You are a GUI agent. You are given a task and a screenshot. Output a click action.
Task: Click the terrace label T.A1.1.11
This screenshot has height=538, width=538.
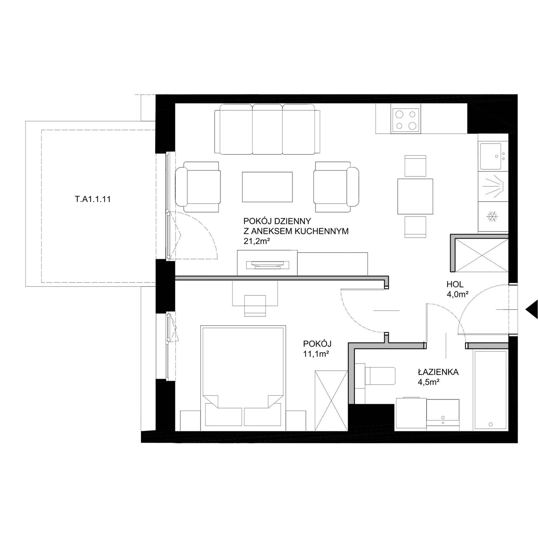click(x=93, y=199)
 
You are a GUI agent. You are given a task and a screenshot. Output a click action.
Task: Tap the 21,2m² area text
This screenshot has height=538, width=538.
click(x=257, y=241)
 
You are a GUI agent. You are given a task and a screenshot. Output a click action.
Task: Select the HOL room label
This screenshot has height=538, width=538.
click(x=455, y=284)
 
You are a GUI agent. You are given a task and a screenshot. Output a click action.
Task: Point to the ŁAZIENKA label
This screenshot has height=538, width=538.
click(x=438, y=372)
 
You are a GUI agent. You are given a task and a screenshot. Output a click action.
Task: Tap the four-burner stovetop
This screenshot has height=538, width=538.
click(x=406, y=120)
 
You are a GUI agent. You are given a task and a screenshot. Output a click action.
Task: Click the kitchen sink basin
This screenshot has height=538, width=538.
click(x=490, y=156)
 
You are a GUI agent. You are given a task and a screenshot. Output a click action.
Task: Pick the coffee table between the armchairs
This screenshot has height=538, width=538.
click(x=267, y=187)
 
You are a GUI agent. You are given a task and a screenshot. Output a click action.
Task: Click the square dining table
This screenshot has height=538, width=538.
click(x=415, y=196)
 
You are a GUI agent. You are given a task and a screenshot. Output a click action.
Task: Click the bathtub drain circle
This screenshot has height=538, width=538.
click(x=491, y=424)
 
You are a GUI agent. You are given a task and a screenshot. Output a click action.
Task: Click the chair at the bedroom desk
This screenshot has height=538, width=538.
click(x=255, y=306)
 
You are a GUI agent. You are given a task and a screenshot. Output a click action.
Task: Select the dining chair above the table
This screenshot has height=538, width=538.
click(x=415, y=166)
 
